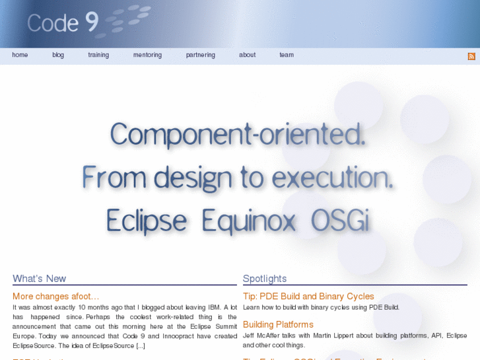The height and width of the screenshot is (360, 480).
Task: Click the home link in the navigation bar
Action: pos(20,55)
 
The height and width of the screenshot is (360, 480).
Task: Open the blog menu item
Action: pos(58,55)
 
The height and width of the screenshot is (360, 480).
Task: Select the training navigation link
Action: pos(98,55)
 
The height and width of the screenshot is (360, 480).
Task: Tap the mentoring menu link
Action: pos(147,55)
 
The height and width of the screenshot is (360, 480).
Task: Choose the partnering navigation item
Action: pos(201,55)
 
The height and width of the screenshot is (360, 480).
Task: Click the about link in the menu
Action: pos(248,55)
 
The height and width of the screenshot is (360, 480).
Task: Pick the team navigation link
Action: pos(287,55)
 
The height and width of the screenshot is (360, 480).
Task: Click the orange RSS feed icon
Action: pos(471,57)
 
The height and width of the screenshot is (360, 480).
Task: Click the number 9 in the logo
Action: pos(91,22)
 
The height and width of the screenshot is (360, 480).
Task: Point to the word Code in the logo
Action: pos(53,23)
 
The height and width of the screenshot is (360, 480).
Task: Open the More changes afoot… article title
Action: pos(56,296)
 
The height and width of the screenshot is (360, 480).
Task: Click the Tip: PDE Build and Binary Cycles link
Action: pos(308,296)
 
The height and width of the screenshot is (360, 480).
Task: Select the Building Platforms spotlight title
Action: pos(278,324)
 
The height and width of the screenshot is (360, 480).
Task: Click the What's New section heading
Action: pos(40,279)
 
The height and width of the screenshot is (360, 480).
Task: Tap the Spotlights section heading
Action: pos(265,279)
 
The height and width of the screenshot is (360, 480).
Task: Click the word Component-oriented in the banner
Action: pos(238,135)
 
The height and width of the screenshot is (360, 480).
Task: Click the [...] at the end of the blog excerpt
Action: pos(141,345)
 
